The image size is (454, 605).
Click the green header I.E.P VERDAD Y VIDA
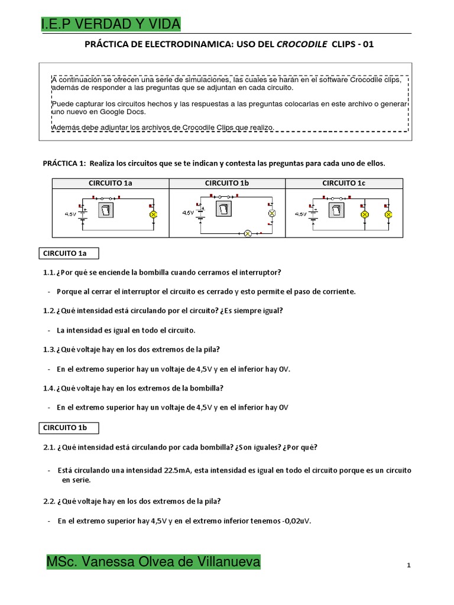(x=111, y=24)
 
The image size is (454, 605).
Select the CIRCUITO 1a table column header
(x=111, y=183)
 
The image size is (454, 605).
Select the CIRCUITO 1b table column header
(x=227, y=183)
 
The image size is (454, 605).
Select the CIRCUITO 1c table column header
(x=343, y=183)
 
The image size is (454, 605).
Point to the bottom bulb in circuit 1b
(x=248, y=233)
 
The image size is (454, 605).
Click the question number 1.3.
(x=48, y=350)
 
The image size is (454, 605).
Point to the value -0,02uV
(x=295, y=521)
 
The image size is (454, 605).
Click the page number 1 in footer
(x=408, y=565)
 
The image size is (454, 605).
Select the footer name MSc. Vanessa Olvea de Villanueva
(x=153, y=562)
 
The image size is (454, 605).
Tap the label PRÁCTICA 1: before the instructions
(x=65, y=163)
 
